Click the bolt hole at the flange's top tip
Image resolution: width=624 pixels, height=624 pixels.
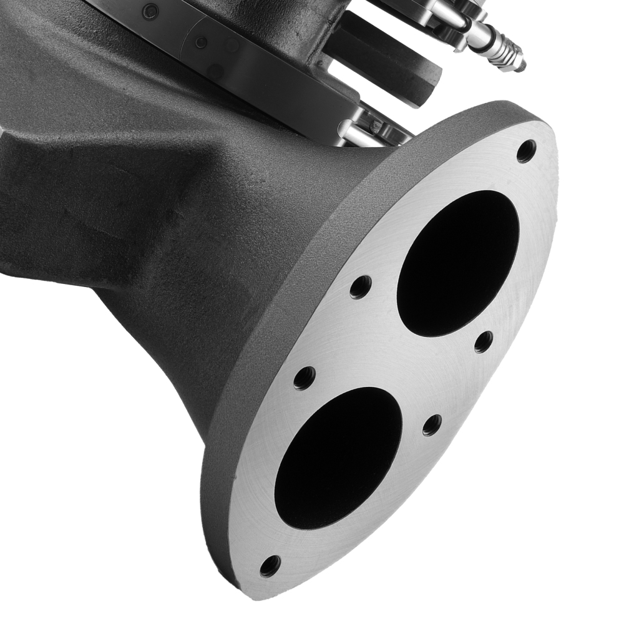(526, 150)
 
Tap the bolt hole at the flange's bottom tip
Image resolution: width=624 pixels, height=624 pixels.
(270, 565)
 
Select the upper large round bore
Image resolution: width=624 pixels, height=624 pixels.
(458, 263)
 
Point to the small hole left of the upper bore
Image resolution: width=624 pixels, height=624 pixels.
(360, 286)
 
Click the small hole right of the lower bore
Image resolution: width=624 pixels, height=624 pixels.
(432, 425)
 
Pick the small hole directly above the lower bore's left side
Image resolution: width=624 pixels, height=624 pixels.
(305, 378)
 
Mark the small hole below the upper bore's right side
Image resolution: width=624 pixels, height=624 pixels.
(484, 341)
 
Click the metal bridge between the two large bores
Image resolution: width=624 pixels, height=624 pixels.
(399, 362)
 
